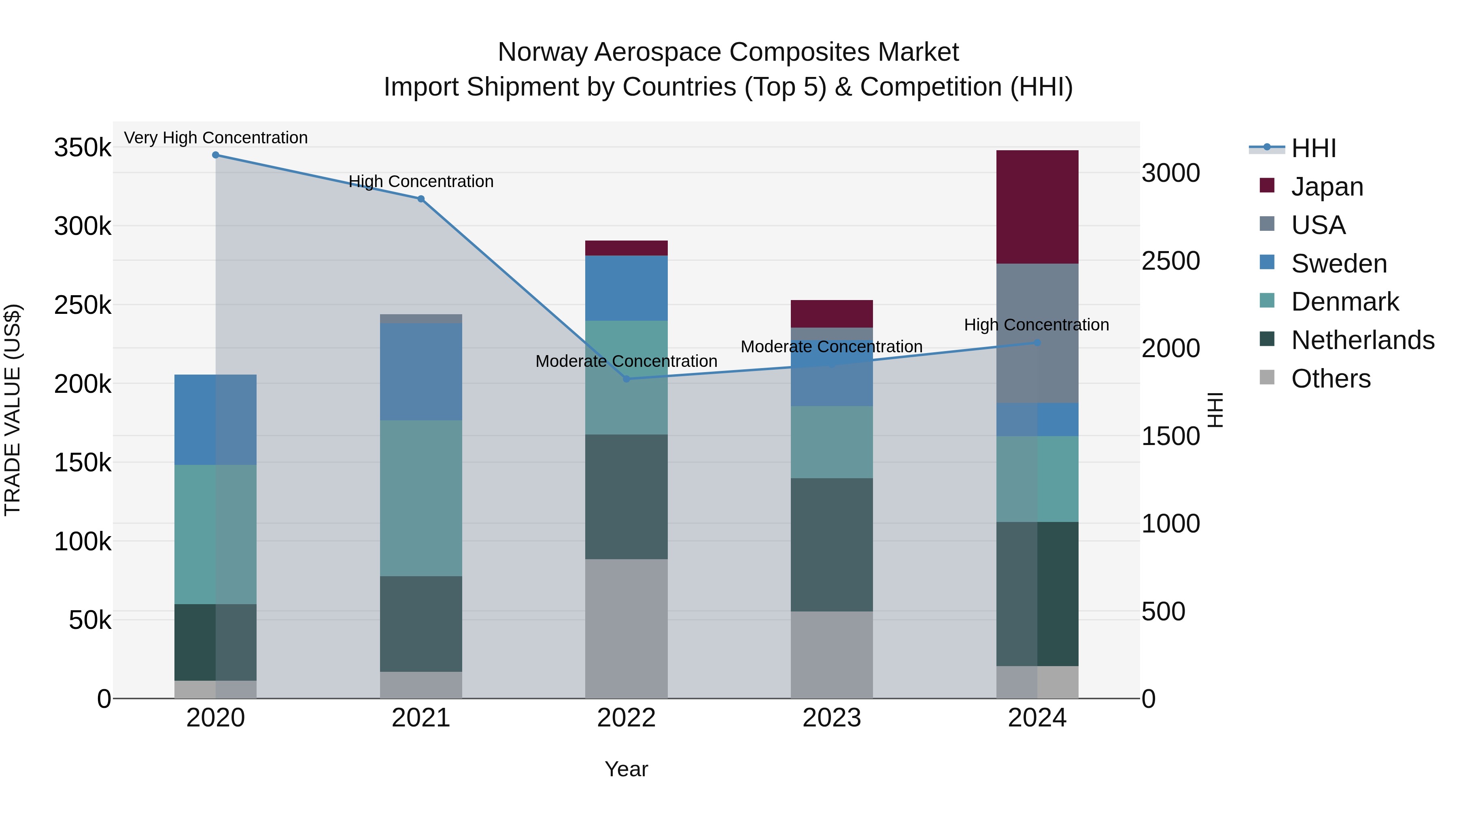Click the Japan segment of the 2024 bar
pyautogui.click(x=1037, y=207)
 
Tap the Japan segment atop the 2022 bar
pyautogui.click(x=626, y=248)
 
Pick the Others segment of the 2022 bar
pyautogui.click(x=626, y=628)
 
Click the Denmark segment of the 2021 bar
pyautogui.click(x=421, y=498)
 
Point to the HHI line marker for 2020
pyautogui.click(x=215, y=155)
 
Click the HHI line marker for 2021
pyautogui.click(x=421, y=199)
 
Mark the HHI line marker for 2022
pyautogui.click(x=626, y=379)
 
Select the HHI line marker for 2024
pyautogui.click(x=1037, y=342)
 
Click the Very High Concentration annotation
pyautogui.click(x=215, y=138)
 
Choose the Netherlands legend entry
pyautogui.click(x=1362, y=340)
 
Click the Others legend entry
pyautogui.click(x=1330, y=379)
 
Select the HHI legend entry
pyautogui.click(x=1313, y=148)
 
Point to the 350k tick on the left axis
pyautogui.click(x=83, y=148)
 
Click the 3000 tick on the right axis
pyautogui.click(x=1170, y=173)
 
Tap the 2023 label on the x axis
pyautogui.click(x=831, y=718)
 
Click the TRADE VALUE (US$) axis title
pyautogui.click(x=13, y=410)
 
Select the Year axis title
pyautogui.click(x=626, y=769)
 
